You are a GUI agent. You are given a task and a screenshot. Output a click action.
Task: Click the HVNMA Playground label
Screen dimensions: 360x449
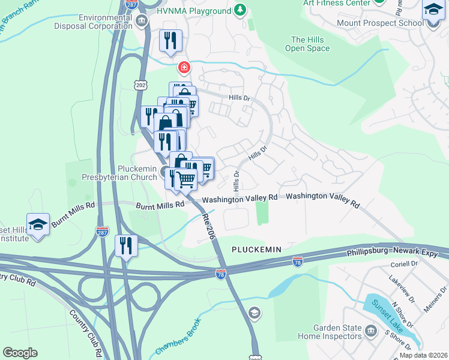tap(193, 11)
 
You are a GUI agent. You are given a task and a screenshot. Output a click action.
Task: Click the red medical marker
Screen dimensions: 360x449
tap(184, 67)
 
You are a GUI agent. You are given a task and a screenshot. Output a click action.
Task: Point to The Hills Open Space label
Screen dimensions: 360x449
tap(307, 44)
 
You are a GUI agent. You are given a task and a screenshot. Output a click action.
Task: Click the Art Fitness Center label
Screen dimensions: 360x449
tap(336, 3)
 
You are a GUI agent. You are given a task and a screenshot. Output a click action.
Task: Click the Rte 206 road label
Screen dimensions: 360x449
tap(208, 226)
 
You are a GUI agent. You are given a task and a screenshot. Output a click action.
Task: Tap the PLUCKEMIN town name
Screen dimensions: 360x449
tap(256, 248)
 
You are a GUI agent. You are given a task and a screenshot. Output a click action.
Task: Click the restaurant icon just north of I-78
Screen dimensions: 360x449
tap(127, 245)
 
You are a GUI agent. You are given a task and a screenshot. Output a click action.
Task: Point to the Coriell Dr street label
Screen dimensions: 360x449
tap(403, 263)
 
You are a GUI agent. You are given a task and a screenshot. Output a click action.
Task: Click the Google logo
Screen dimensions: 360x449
tap(20, 352)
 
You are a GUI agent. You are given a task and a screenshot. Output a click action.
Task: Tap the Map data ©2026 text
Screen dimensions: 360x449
tap(423, 355)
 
